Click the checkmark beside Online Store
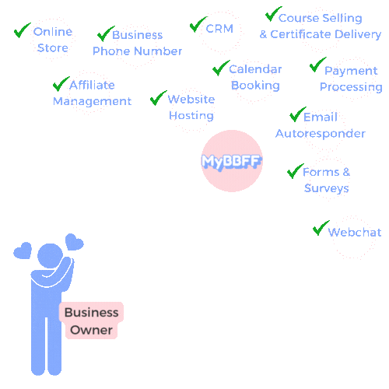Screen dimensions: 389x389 point(22,30)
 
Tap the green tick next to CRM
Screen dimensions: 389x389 point(198,24)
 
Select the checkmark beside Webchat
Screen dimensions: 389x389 point(321,228)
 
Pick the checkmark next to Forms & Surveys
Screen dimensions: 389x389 point(296,171)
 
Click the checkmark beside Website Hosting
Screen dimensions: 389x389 point(159,98)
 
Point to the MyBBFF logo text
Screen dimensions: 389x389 point(232,162)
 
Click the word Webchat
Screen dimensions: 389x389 point(355,232)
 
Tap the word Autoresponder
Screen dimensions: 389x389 point(321,134)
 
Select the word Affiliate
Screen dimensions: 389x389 point(92,85)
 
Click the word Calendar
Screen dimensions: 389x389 point(255,69)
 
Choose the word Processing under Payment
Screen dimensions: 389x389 point(351,87)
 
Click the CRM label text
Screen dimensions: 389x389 point(219,29)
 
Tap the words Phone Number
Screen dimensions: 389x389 point(137,51)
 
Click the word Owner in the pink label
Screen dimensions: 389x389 point(91,330)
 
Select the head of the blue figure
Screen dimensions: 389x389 point(51,256)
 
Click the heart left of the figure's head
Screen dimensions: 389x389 point(23,251)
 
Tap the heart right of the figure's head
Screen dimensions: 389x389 point(75,242)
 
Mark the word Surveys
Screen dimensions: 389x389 point(327,188)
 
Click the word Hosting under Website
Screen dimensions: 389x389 point(191,115)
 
